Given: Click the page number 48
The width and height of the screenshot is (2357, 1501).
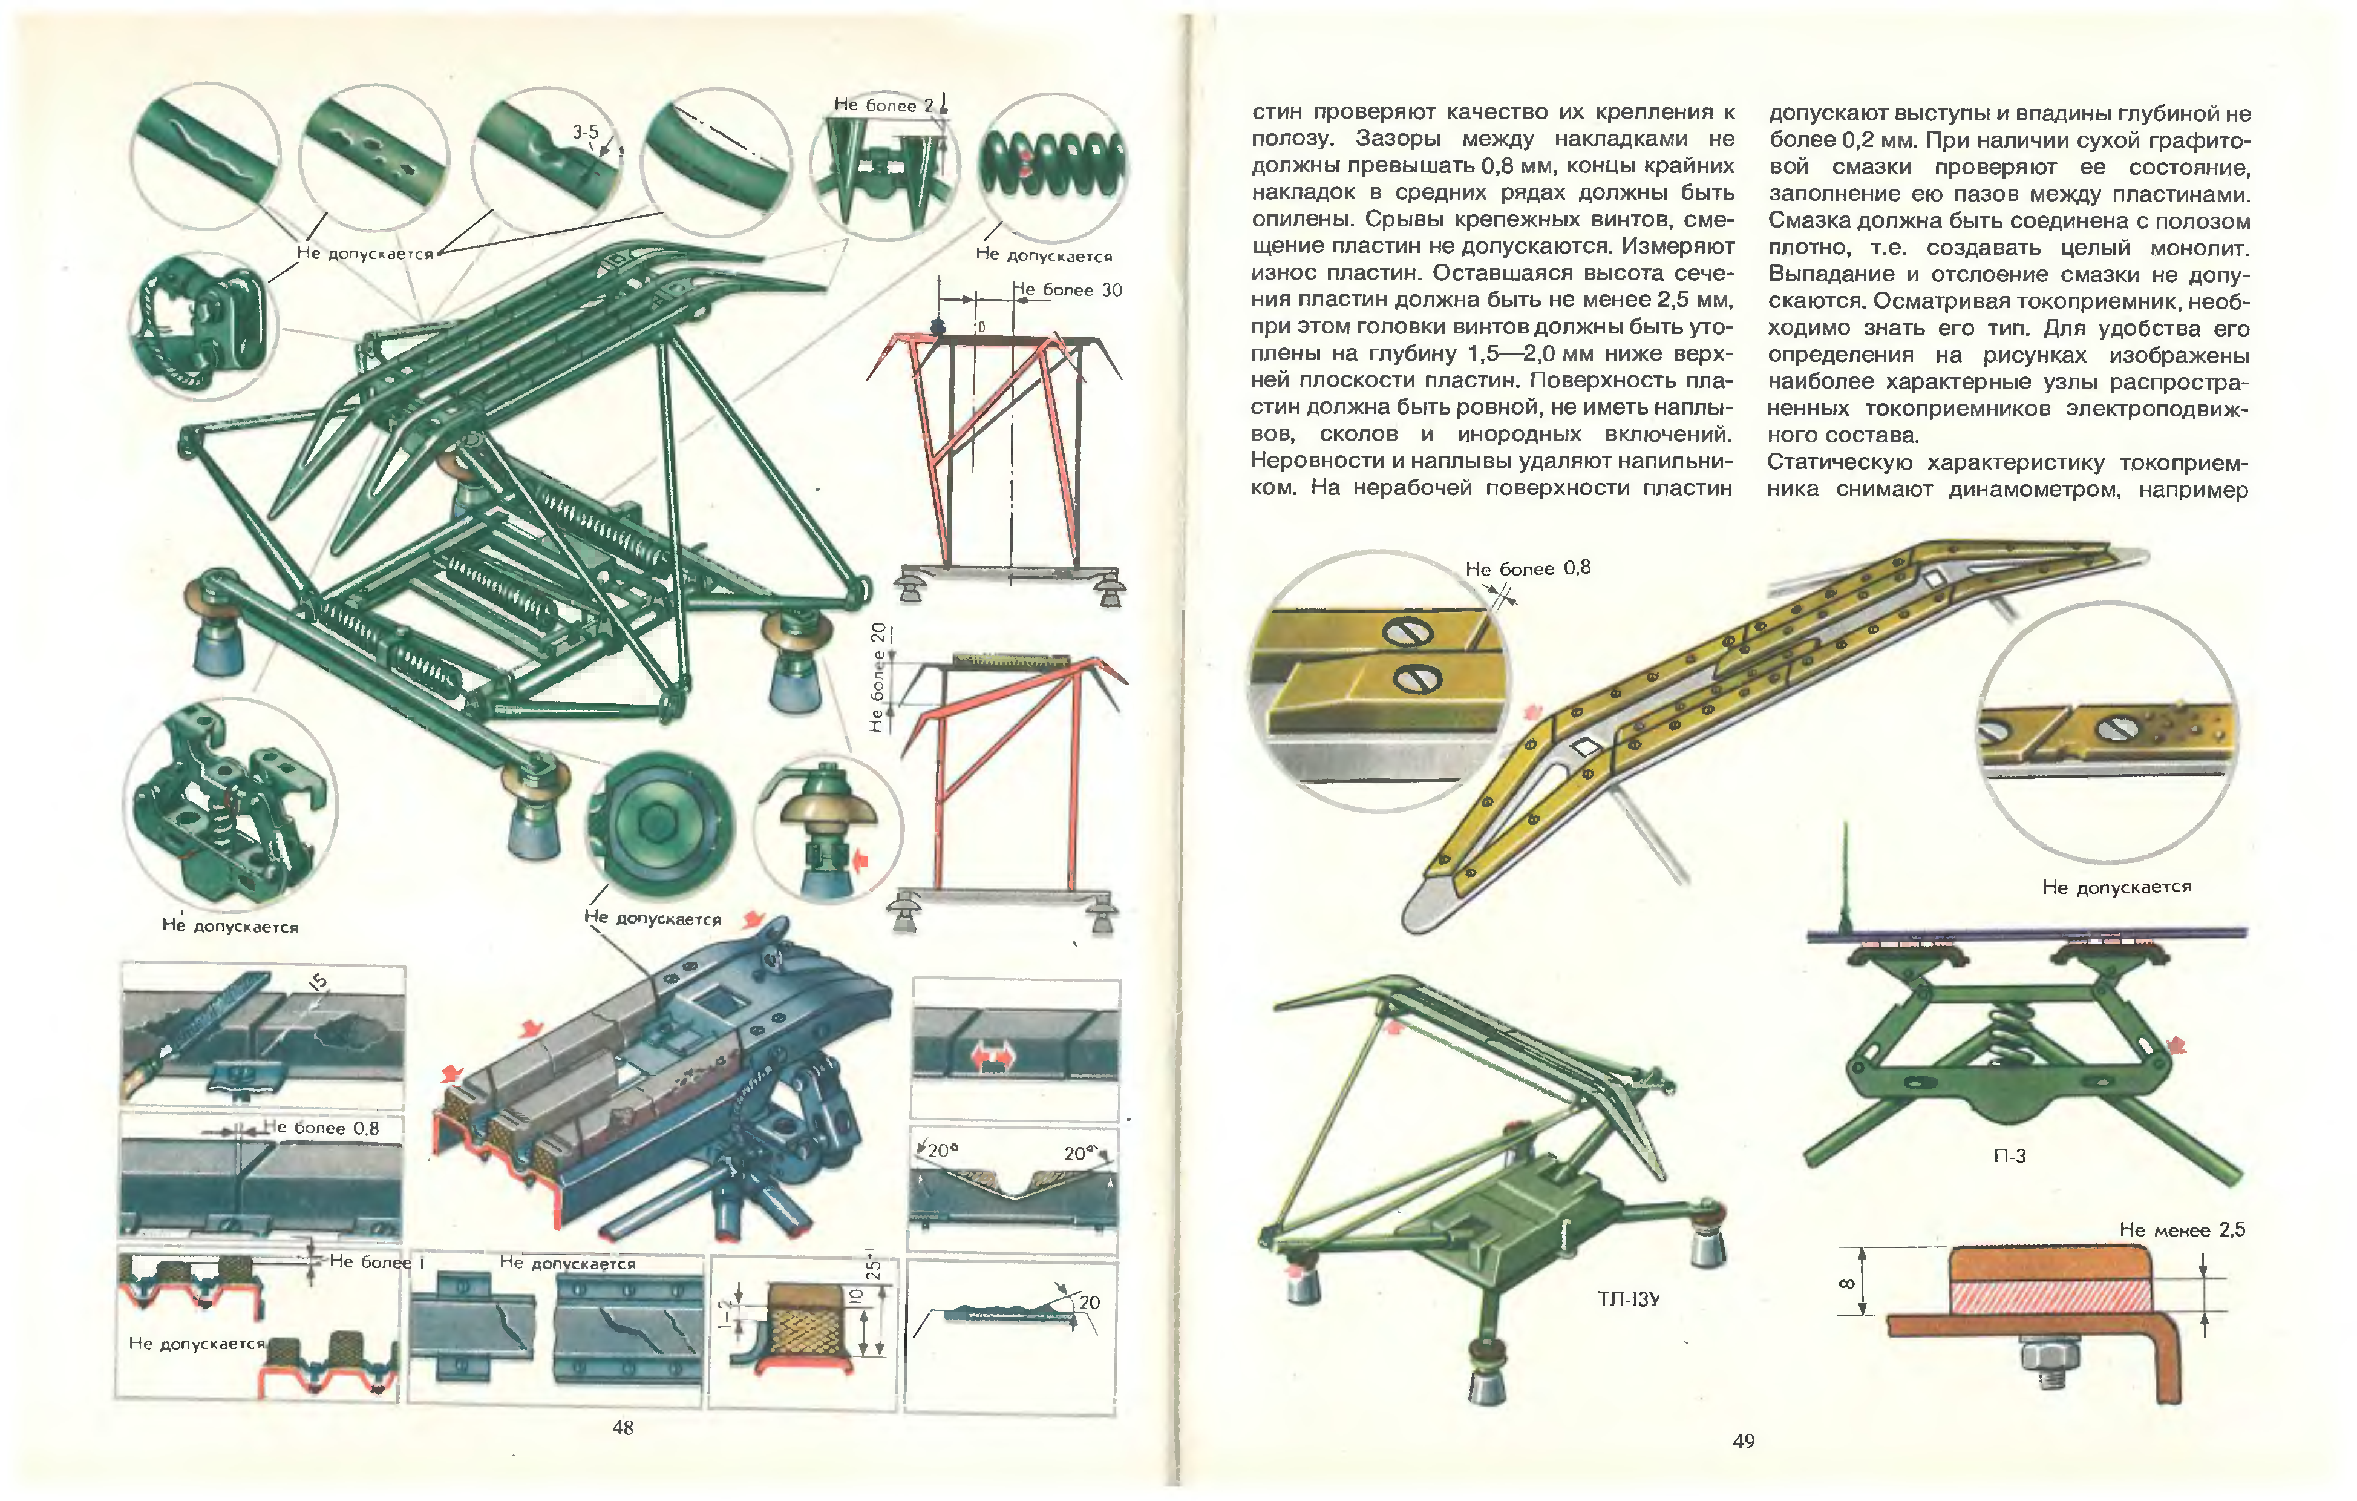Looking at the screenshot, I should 623,1428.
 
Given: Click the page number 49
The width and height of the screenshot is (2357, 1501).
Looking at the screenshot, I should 1744,1440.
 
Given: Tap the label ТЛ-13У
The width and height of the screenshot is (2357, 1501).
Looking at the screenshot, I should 1628,1299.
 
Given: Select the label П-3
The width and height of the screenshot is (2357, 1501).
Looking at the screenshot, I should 2010,1155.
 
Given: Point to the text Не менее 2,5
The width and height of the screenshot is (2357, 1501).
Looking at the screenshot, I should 2182,1230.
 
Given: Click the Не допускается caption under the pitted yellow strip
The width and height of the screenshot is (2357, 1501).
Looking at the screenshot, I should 2116,887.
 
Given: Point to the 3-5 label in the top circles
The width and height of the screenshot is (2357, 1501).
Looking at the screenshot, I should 586,132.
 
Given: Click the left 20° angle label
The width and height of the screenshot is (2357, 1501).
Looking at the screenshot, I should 941,1151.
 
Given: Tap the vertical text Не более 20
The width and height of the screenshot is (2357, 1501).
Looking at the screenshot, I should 878,677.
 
